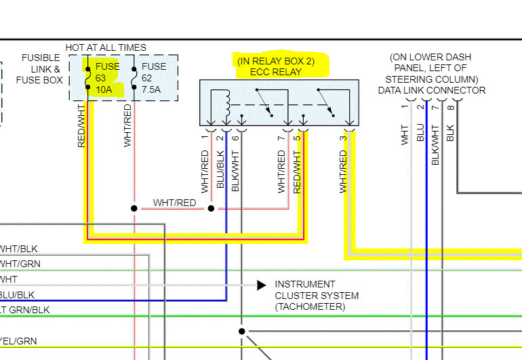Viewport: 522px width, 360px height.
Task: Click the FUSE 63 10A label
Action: click(107, 78)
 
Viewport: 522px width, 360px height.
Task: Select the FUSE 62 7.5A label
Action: click(153, 78)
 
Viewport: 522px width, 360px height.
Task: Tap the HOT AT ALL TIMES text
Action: click(105, 47)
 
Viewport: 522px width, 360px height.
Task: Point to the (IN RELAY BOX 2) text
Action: click(276, 61)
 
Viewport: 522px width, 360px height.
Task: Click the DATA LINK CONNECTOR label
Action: click(432, 90)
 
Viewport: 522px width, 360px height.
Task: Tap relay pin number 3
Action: click(344, 138)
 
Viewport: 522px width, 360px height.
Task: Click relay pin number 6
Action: click(235, 138)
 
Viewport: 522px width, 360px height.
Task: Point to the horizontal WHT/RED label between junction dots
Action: click(174, 203)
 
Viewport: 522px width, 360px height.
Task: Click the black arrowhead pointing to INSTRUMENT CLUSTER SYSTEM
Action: click(261, 285)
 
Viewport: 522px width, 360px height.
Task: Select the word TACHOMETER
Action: click(310, 307)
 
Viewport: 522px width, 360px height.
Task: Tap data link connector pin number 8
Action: click(450, 106)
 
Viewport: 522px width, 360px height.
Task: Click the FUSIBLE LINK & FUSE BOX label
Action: click(41, 69)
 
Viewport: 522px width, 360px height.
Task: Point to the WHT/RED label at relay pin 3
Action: click(343, 171)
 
